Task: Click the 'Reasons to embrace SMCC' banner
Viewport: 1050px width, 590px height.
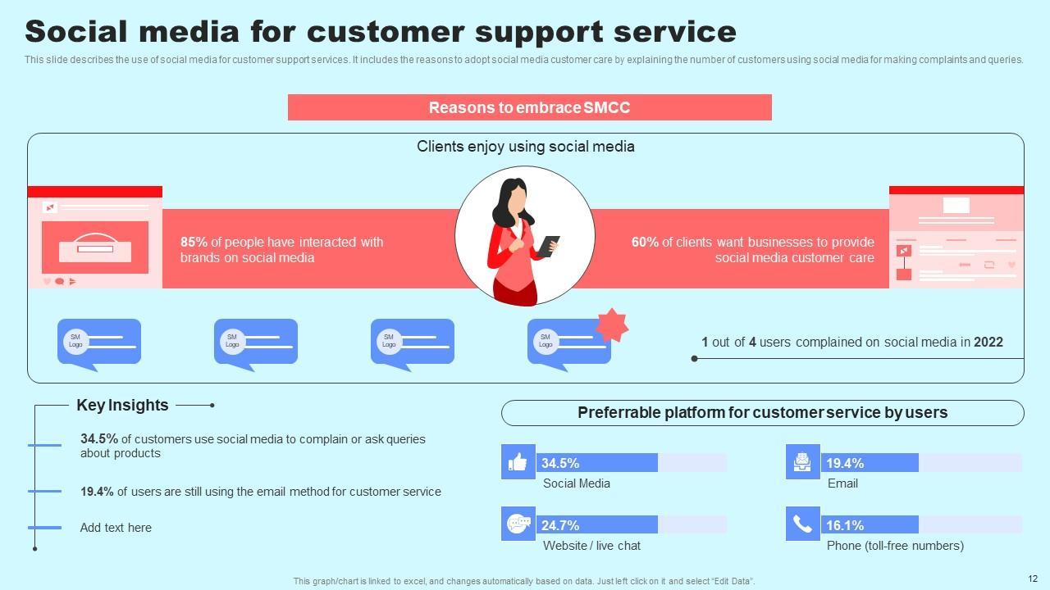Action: pyautogui.click(x=529, y=107)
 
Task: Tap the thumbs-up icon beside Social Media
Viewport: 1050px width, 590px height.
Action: pyautogui.click(x=518, y=462)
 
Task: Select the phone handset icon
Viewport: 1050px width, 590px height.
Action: pyautogui.click(x=802, y=524)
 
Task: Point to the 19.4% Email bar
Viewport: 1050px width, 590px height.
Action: pyautogui.click(x=870, y=463)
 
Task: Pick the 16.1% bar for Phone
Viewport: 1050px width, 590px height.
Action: pyautogui.click(x=870, y=525)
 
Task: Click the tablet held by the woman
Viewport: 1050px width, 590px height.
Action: pyautogui.click(x=548, y=246)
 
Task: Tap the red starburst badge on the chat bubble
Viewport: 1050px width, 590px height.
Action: pyautogui.click(x=611, y=325)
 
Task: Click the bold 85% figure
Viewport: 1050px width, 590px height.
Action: pyautogui.click(x=194, y=243)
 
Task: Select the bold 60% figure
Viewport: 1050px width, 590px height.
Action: pyautogui.click(x=645, y=243)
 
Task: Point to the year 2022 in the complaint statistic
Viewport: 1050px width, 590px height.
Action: pyautogui.click(x=988, y=343)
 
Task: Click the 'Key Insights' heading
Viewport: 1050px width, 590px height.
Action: pyautogui.click(x=122, y=405)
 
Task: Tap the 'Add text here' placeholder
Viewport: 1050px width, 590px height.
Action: pyautogui.click(x=116, y=528)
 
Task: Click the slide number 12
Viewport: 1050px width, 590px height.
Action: pyautogui.click(x=1032, y=578)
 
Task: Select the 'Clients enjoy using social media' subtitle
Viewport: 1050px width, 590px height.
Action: pyautogui.click(x=525, y=147)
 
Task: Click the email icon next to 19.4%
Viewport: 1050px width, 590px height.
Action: pyautogui.click(x=802, y=462)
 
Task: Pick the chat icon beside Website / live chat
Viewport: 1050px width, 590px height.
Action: pyautogui.click(x=518, y=524)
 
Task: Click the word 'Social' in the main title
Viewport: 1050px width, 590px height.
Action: pyautogui.click(x=76, y=32)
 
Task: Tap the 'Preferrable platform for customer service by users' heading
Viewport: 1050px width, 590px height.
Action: pyautogui.click(x=762, y=413)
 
